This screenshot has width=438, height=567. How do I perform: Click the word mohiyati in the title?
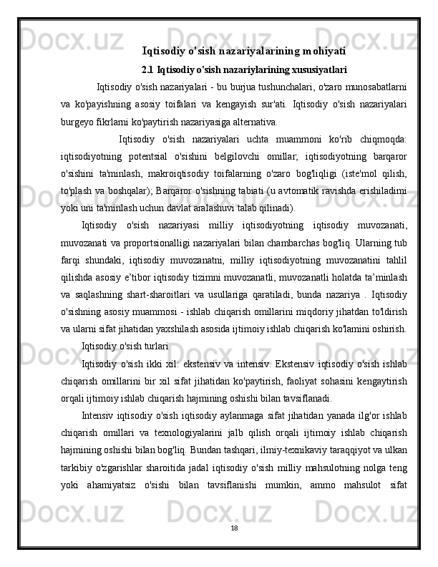[323, 51]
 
